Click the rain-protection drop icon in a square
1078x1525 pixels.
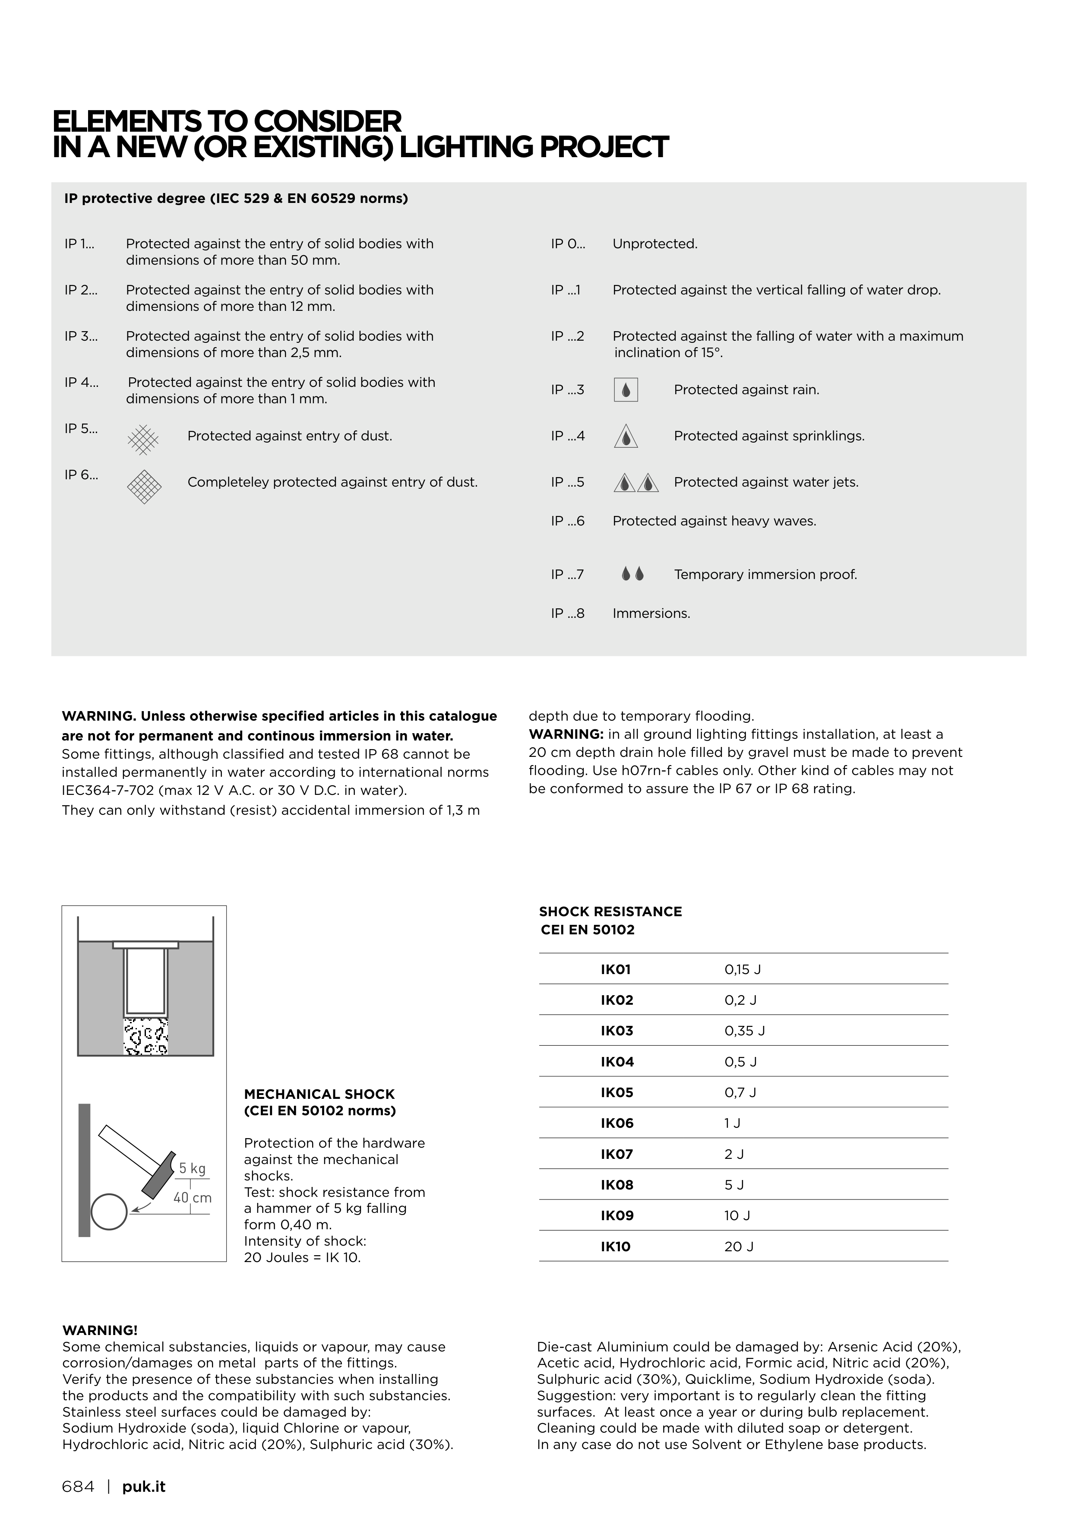click(626, 390)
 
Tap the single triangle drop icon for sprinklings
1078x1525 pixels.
click(626, 437)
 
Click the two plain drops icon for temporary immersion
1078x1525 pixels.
click(632, 574)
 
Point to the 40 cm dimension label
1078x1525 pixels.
click(193, 1198)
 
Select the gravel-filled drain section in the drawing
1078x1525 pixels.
click(145, 1038)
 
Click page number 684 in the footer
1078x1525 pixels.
click(79, 1487)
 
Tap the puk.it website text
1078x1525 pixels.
click(143, 1487)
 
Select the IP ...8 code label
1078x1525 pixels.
click(567, 613)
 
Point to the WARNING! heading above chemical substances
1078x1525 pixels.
click(100, 1330)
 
